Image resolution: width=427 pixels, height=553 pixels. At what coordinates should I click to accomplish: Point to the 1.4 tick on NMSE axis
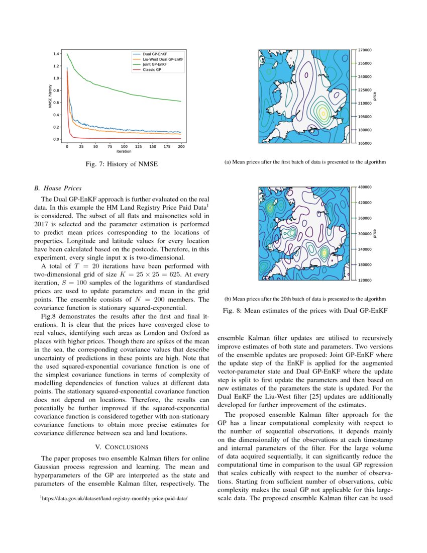(x=57, y=54)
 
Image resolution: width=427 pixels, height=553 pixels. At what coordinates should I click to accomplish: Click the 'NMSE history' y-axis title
(x=50, y=97)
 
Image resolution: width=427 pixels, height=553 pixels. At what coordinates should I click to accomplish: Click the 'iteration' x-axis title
(x=124, y=151)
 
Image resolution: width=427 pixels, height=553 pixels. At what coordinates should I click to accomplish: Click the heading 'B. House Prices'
(x=57, y=189)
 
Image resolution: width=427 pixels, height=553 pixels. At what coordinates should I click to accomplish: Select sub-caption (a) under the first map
(x=305, y=162)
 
